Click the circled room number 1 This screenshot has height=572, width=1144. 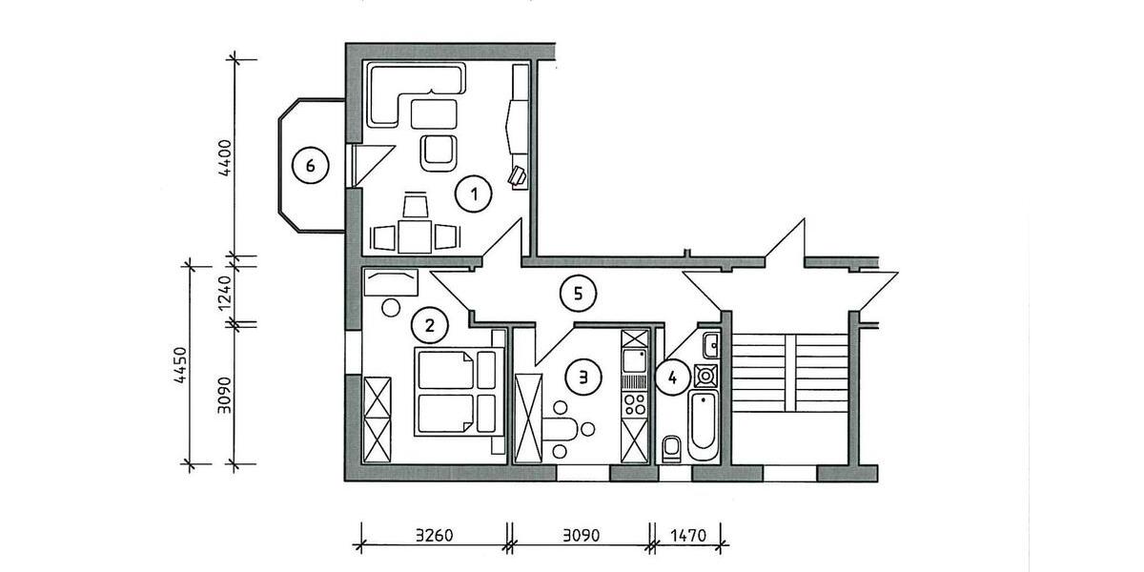(x=473, y=195)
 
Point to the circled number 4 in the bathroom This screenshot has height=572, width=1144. (x=673, y=378)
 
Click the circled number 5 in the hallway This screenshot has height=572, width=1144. (x=573, y=294)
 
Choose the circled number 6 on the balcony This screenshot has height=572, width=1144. (x=309, y=167)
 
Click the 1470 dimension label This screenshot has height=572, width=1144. (x=687, y=536)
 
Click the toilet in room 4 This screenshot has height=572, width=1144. (x=672, y=446)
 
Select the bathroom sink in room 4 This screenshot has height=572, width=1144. (x=710, y=342)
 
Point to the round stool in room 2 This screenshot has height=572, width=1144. (x=390, y=308)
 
